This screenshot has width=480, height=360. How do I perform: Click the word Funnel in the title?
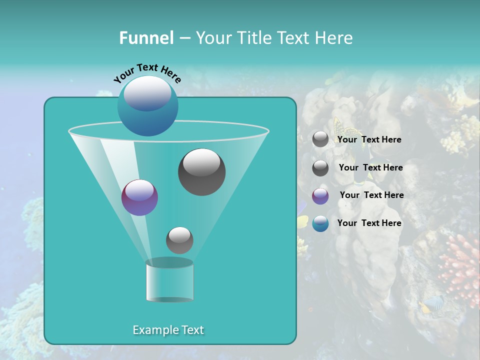146,38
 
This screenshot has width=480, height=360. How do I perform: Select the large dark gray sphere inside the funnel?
201,172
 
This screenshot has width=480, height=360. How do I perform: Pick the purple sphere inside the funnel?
139,198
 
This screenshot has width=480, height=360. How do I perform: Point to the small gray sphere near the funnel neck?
179,240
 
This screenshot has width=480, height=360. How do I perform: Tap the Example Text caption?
168,330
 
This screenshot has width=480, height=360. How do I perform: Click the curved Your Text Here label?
147,73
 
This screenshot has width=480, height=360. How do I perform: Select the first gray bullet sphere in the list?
320,139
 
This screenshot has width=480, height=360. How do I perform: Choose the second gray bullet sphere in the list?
320,168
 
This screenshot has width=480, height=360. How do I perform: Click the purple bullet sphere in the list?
320,196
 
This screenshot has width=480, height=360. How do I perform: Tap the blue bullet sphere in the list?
320,223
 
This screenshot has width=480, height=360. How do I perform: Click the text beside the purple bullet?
371,195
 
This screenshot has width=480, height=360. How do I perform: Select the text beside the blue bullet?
369,223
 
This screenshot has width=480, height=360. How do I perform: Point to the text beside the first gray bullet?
369,139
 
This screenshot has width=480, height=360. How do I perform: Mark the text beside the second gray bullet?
370,167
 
